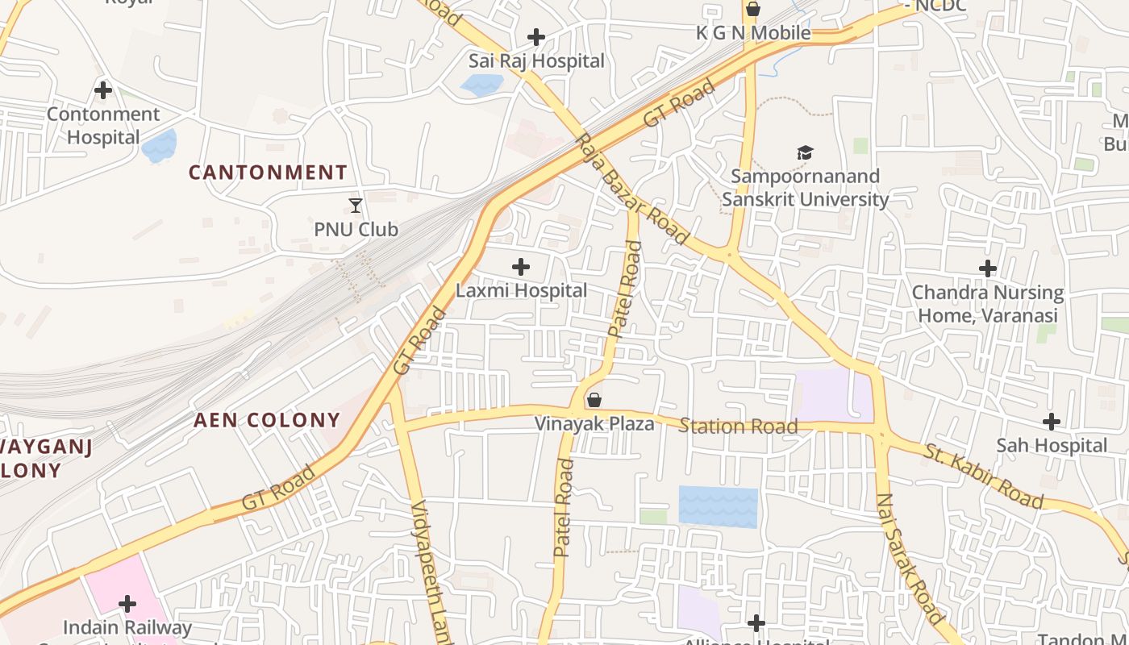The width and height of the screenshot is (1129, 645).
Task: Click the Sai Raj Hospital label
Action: (536, 61)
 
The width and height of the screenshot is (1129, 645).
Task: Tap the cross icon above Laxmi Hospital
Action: (521, 266)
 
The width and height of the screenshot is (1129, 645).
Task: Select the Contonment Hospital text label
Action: (103, 126)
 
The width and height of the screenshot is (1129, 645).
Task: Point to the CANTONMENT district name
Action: (268, 173)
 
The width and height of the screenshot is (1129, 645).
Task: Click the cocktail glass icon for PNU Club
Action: (356, 206)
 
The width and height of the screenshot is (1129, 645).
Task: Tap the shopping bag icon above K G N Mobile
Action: (752, 9)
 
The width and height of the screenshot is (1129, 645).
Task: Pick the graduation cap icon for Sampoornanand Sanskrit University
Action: (805, 152)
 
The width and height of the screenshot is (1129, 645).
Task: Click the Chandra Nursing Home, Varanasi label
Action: (987, 304)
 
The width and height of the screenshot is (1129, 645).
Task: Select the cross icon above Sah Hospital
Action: (1052, 422)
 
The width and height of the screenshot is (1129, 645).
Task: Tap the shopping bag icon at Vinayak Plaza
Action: (594, 400)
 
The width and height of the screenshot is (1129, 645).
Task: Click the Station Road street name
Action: (738, 426)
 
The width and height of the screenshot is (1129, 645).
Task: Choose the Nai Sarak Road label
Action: (910, 559)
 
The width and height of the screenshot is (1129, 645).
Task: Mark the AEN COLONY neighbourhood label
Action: (267, 420)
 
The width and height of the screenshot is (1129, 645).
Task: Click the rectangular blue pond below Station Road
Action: (718, 506)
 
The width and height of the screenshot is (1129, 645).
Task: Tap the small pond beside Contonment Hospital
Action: (159, 145)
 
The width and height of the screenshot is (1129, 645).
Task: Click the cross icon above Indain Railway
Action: (127, 603)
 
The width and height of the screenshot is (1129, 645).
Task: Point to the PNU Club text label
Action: (356, 230)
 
